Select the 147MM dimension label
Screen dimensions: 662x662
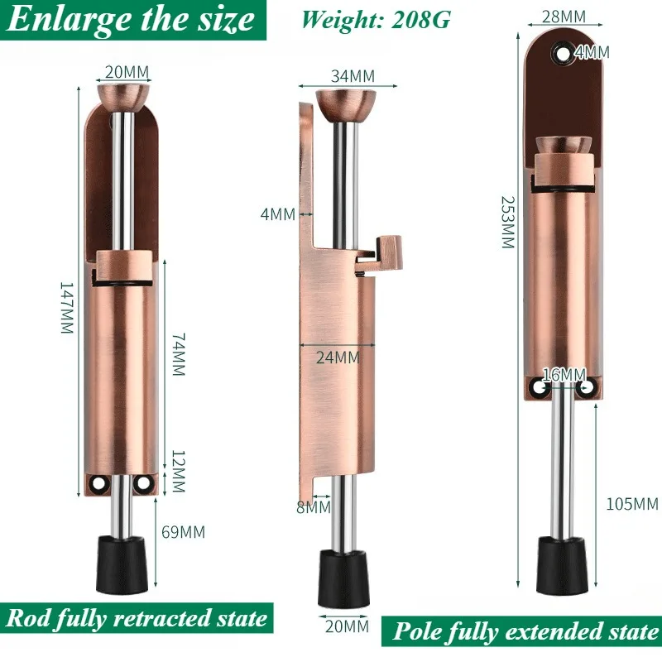coord(67,306)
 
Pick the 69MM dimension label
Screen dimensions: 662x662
coord(183,532)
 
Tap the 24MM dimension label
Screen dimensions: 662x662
coord(338,357)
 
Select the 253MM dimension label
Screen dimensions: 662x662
coord(507,223)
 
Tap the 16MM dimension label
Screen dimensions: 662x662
coord(564,375)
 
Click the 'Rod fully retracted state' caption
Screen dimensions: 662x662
coord(137,618)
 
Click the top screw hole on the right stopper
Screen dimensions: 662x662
coord(564,54)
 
